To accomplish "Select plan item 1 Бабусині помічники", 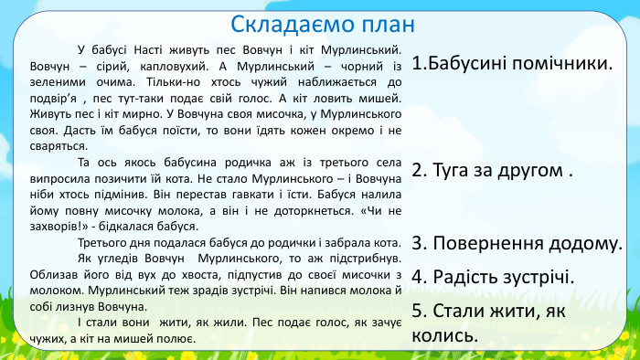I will [x=512, y=64].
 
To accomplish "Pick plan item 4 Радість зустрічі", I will [x=492, y=276].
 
